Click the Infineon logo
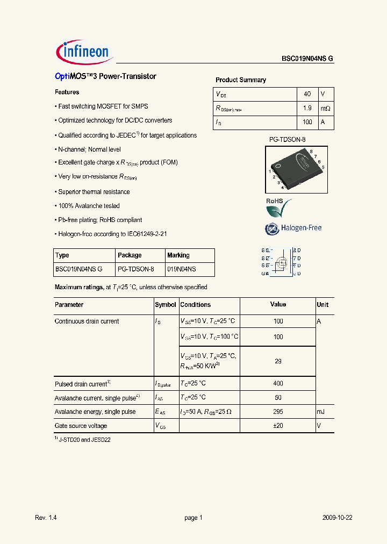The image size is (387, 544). click(x=83, y=52)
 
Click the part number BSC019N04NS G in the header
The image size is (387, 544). click(x=307, y=59)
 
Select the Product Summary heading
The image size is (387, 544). click(x=241, y=80)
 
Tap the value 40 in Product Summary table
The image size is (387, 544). click(x=307, y=94)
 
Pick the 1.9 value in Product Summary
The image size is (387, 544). click(x=307, y=108)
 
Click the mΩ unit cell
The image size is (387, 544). click(x=326, y=108)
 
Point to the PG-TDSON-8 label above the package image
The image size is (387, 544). click(x=287, y=140)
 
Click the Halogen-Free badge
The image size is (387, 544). click(x=293, y=228)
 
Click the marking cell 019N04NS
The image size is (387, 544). click(x=182, y=269)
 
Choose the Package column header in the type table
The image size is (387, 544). click(x=130, y=255)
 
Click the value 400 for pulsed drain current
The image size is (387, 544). click(x=278, y=384)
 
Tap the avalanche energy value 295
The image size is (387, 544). click(x=278, y=412)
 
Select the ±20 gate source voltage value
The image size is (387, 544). click(x=278, y=426)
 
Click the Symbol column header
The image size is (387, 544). click(x=166, y=305)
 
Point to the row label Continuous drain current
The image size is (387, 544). click(x=87, y=321)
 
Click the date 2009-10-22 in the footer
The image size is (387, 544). click(x=338, y=518)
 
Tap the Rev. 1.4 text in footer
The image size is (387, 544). click(x=46, y=518)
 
